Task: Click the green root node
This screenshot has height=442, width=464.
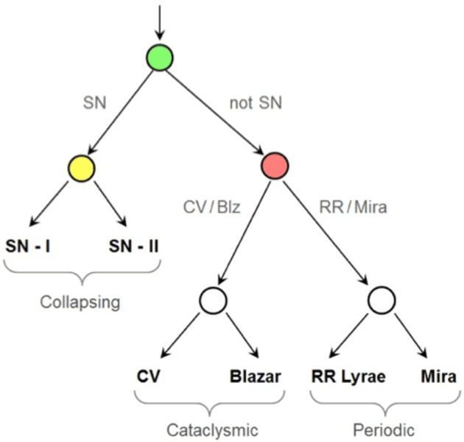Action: point(159,58)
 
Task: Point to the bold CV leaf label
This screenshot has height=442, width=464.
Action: point(149,376)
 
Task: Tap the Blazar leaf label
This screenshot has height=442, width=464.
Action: point(254,376)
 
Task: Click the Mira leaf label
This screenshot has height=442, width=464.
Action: point(438,376)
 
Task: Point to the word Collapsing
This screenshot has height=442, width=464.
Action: point(81,302)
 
